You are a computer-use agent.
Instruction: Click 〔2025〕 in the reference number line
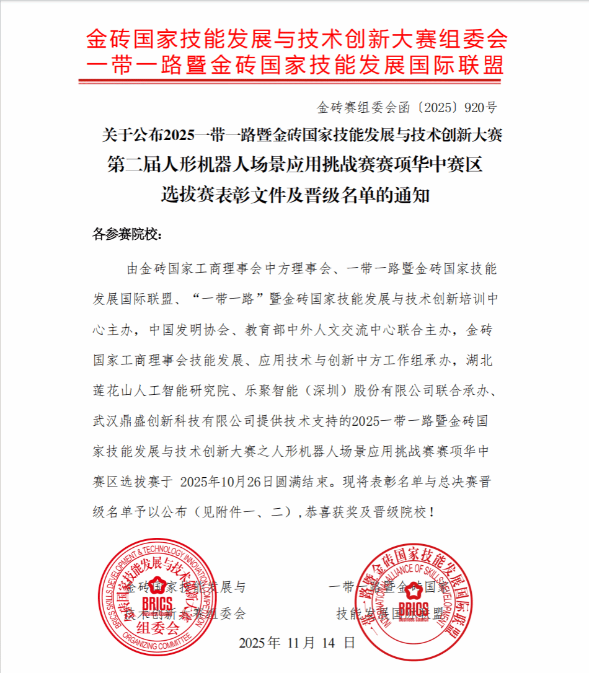point(433,107)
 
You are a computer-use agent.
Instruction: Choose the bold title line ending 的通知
point(295,196)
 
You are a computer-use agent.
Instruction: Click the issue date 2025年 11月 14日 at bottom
point(297,643)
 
